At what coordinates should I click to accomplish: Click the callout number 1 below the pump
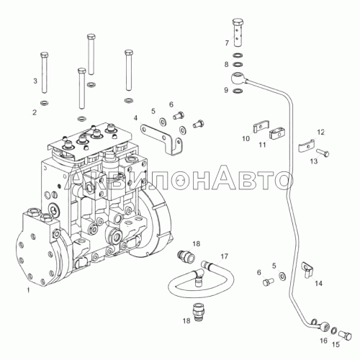[x=28, y=290]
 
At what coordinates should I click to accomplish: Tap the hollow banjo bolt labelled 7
[x=238, y=32]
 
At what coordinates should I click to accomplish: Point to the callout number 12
[x=320, y=132]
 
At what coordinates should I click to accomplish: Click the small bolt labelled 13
[x=323, y=153]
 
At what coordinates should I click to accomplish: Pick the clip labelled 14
[x=307, y=269]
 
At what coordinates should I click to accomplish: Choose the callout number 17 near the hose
[x=224, y=257]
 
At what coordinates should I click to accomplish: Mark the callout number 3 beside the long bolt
[x=35, y=81]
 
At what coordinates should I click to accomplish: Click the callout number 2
[x=35, y=112]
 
